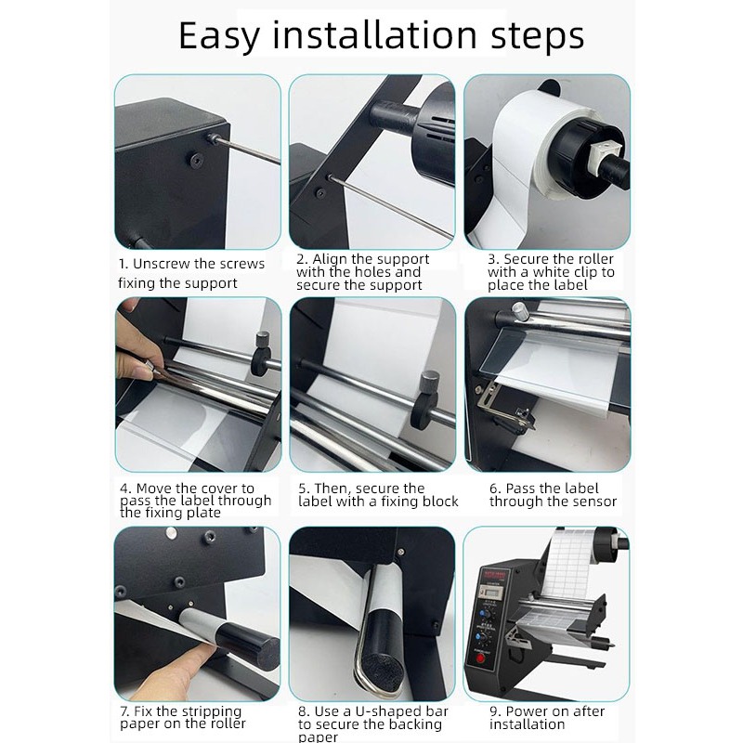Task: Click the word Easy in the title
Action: (x=219, y=36)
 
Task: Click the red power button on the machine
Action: (x=479, y=658)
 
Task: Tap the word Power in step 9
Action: (x=526, y=711)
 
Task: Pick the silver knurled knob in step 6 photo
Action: (x=520, y=311)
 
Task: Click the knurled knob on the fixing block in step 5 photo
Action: (x=430, y=382)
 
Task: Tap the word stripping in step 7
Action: (x=212, y=711)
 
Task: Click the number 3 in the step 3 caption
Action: (x=492, y=259)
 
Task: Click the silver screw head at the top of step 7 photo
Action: (x=171, y=534)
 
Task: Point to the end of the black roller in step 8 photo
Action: (x=385, y=665)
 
